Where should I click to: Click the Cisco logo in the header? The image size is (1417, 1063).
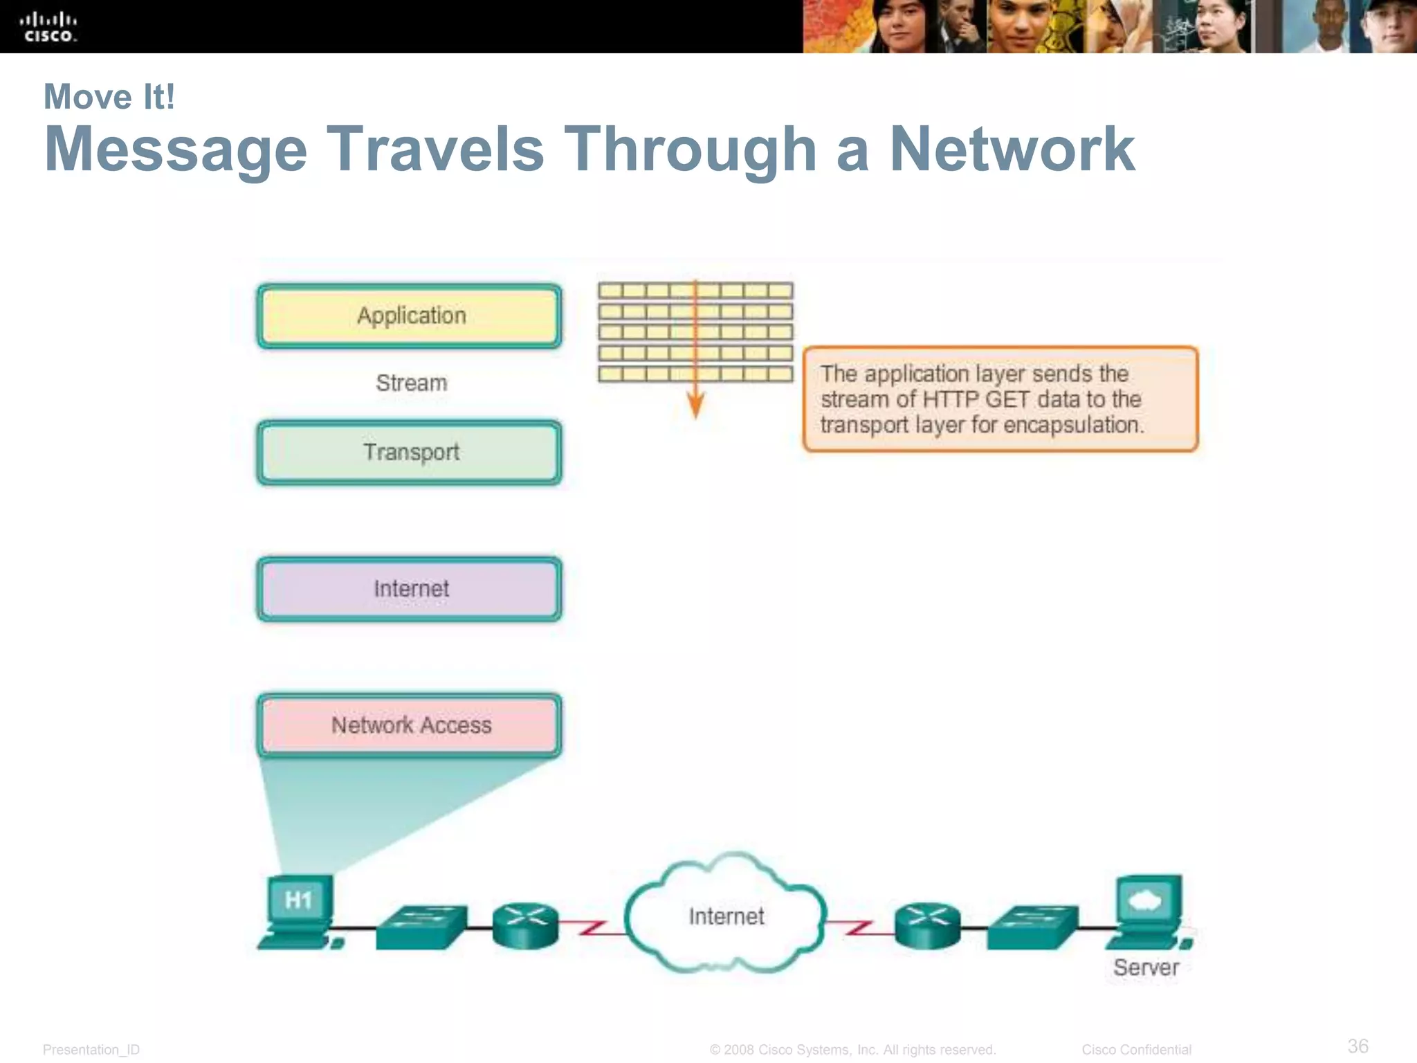pos(48,28)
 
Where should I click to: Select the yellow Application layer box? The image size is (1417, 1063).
pos(410,316)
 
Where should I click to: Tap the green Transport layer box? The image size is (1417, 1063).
pos(410,452)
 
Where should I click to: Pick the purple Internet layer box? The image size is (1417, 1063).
pos(410,589)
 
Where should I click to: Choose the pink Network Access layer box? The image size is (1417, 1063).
pos(410,725)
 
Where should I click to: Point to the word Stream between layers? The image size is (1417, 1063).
pos(412,383)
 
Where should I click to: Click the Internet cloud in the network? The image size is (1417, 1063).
pos(726,915)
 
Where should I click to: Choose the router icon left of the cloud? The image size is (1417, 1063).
pos(525,925)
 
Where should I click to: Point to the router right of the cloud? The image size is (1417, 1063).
pos(927,925)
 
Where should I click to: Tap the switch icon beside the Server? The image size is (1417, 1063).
pos(1032,927)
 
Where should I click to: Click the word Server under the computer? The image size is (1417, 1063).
pos(1146,967)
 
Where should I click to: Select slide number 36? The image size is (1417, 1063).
pos(1357,1046)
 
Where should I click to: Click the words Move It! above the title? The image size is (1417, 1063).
pos(109,97)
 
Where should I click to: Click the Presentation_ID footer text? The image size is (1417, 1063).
pos(91,1050)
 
